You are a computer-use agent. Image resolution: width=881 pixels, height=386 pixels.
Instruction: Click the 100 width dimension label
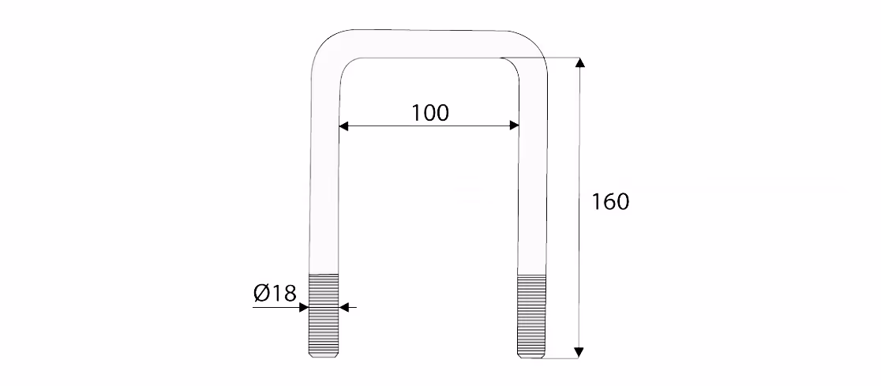(x=430, y=113)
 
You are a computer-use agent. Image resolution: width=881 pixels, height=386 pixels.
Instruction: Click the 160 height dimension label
(x=610, y=202)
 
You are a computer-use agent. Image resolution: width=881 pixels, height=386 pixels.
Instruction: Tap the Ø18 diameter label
(x=274, y=293)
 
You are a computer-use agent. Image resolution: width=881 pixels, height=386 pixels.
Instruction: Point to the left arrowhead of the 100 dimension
(x=344, y=126)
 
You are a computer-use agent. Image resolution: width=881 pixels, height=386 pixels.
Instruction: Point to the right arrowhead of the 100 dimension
(x=514, y=126)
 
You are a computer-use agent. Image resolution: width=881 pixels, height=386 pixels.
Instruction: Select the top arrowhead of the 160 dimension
(x=580, y=62)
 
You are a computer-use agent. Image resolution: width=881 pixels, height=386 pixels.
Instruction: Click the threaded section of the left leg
(x=324, y=315)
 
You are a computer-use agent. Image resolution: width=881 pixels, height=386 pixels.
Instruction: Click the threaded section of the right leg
(x=531, y=315)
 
